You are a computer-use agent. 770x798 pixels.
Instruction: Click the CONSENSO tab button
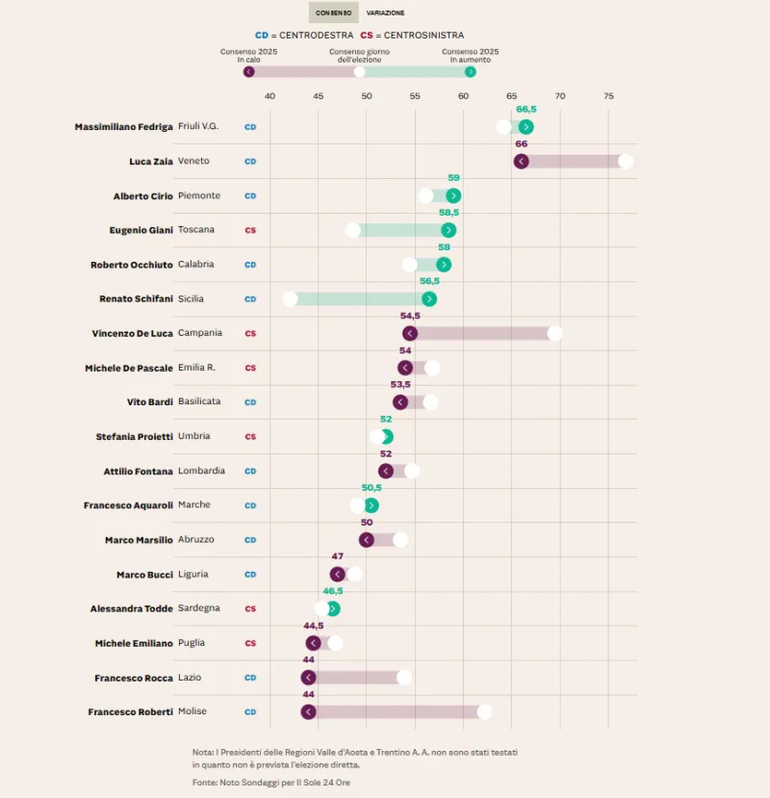(333, 13)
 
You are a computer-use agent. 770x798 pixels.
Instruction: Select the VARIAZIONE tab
(385, 13)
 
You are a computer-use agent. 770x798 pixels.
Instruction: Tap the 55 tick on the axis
(415, 96)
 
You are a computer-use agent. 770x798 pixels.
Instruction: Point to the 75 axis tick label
(608, 96)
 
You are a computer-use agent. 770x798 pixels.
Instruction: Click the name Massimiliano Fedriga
(123, 127)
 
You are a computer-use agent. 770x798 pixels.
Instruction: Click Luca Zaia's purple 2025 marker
(521, 161)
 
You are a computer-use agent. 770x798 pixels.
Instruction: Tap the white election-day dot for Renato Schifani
(290, 299)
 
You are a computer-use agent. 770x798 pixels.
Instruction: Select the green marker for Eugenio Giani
(449, 230)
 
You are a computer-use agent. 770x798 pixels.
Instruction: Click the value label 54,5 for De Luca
(410, 316)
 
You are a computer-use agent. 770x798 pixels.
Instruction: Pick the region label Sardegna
(199, 608)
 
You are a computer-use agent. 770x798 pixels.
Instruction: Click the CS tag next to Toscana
(250, 230)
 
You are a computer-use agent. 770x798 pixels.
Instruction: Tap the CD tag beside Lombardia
(250, 472)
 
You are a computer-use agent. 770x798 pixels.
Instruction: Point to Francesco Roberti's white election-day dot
(484, 712)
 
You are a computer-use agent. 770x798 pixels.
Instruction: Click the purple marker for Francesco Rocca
(308, 678)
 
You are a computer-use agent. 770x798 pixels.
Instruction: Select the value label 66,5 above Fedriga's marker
(526, 110)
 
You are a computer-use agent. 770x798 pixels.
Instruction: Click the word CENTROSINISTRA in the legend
(423, 36)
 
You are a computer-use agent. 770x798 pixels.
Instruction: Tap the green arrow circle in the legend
(470, 71)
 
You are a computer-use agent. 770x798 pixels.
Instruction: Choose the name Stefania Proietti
(134, 437)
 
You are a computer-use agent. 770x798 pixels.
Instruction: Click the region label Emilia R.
(196, 368)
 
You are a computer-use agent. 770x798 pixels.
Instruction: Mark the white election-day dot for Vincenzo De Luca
(554, 333)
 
